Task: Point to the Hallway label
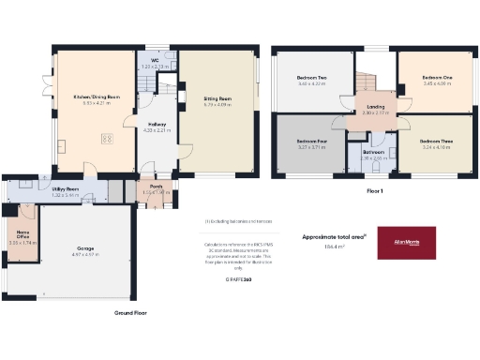point(156,125)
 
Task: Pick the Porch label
point(150,186)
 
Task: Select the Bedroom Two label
point(311,79)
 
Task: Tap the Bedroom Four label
point(310,143)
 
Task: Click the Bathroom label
point(373,153)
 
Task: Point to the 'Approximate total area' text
point(331,236)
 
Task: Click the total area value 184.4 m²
point(334,247)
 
